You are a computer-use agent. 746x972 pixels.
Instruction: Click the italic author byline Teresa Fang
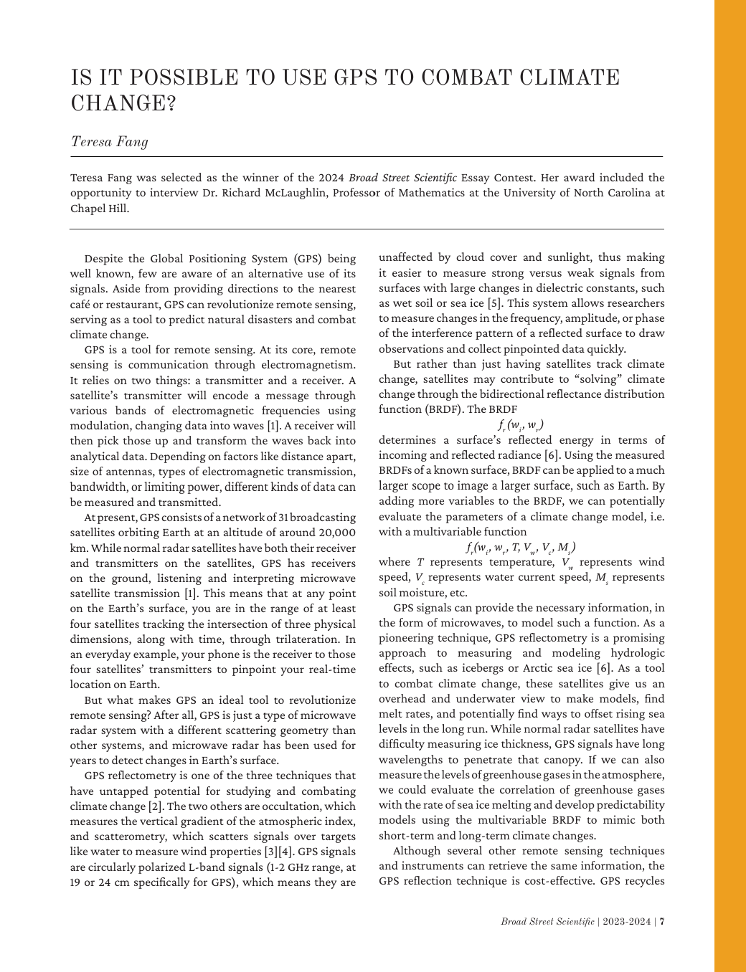click(109, 141)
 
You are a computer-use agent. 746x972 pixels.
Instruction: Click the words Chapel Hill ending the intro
click(100, 209)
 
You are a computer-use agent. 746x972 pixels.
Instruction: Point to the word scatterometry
click(103, 837)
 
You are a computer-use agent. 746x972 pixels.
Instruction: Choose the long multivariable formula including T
click(521, 548)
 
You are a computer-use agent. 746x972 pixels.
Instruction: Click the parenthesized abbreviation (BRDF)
click(402, 409)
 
